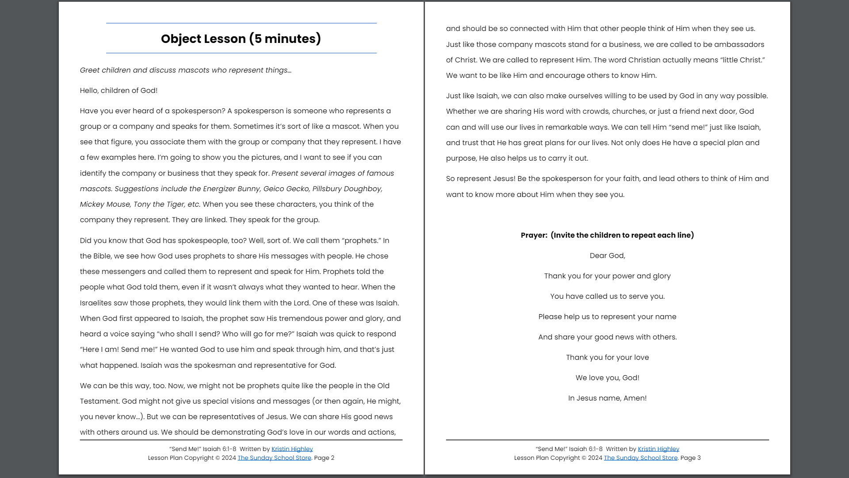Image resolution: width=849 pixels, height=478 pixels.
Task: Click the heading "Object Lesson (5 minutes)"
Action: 241,39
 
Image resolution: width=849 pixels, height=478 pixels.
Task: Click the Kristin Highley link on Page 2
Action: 292,449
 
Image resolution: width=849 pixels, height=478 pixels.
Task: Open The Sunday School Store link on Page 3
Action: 640,458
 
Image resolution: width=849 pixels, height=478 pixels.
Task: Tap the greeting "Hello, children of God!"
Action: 119,90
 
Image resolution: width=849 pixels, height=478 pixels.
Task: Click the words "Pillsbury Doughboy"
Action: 347,189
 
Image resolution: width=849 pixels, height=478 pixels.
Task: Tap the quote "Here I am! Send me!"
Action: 119,349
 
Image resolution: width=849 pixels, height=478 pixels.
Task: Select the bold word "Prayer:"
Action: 534,235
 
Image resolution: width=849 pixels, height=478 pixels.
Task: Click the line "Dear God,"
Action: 607,255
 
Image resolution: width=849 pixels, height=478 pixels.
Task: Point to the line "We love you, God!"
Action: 607,378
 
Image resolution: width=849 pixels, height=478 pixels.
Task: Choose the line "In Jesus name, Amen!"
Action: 607,398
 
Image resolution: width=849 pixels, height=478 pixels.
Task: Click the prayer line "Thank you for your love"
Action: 607,357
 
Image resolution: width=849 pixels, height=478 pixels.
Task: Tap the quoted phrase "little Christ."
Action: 742,60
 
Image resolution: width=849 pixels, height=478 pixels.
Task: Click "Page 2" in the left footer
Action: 324,458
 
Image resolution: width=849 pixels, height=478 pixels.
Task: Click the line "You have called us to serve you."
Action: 607,296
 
